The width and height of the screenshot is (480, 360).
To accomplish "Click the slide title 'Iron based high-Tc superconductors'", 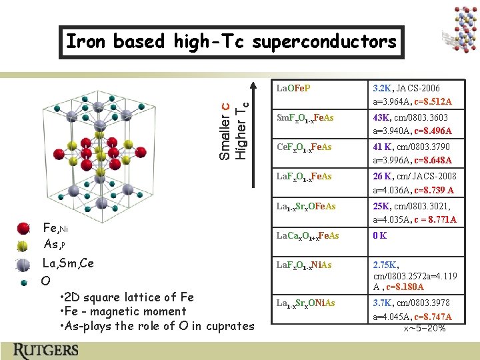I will pyautogui.click(x=231, y=42).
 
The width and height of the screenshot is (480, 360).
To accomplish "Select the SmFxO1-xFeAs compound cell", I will pyautogui.click(x=305, y=118).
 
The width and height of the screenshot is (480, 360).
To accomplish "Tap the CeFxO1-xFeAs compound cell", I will pyautogui.click(x=304, y=147).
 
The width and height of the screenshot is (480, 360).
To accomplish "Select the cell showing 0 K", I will pyautogui.click(x=381, y=235).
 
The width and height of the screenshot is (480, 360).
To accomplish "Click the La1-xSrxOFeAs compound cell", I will pyautogui.click(x=306, y=207).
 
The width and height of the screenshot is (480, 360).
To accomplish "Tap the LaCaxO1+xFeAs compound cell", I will pyautogui.click(x=307, y=235).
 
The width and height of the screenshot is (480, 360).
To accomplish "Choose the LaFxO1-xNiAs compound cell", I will pyautogui.click(x=305, y=265).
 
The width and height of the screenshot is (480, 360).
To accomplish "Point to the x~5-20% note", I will pyautogui.click(x=425, y=328).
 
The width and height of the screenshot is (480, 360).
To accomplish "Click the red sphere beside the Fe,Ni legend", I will pyautogui.click(x=24, y=229).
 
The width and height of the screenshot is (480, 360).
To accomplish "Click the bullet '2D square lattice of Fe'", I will pyautogui.click(x=127, y=297).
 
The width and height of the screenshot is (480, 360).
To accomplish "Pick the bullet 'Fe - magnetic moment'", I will pyautogui.click(x=123, y=311).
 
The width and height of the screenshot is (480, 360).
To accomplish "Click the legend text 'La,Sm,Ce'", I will pyautogui.click(x=68, y=263).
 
